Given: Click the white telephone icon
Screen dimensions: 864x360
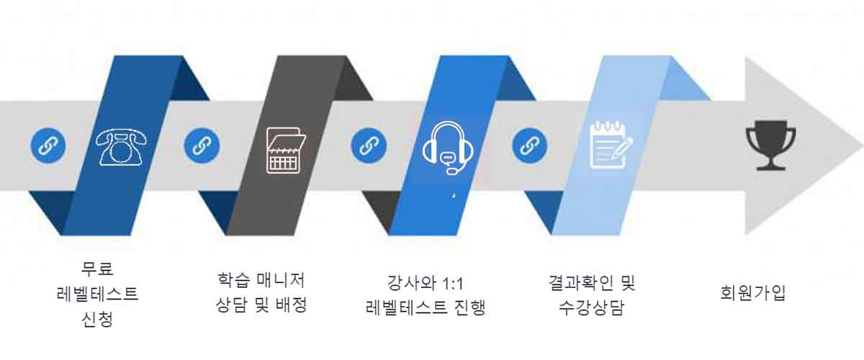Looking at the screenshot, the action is coord(121,147).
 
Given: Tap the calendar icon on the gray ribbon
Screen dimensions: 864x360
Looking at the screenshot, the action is coord(286,150).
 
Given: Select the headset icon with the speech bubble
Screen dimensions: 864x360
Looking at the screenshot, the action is coord(448,148).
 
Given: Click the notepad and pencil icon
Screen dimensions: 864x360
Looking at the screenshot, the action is coord(611,145).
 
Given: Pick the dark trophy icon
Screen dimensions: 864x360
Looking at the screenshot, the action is coord(770,145).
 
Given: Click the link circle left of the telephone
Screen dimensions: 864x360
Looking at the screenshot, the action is coord(48,146).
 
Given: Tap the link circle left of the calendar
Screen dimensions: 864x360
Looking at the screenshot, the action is coord(202,146).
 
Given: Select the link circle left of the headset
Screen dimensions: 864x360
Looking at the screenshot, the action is coord(369,146).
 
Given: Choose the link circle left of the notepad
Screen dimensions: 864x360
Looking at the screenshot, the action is coord(530,146).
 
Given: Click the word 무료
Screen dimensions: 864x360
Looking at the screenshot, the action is coord(97,269).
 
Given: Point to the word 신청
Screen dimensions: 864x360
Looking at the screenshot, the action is coord(97,320).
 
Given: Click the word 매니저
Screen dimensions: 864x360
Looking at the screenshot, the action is coord(280,280).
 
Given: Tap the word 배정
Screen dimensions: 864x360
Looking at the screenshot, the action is coord(292,305).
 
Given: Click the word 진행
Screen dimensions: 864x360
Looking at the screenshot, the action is coord(469,307).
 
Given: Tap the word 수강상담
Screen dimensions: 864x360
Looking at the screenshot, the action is coord(591,307).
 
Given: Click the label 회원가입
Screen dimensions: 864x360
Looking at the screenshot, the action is coord(753,293).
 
